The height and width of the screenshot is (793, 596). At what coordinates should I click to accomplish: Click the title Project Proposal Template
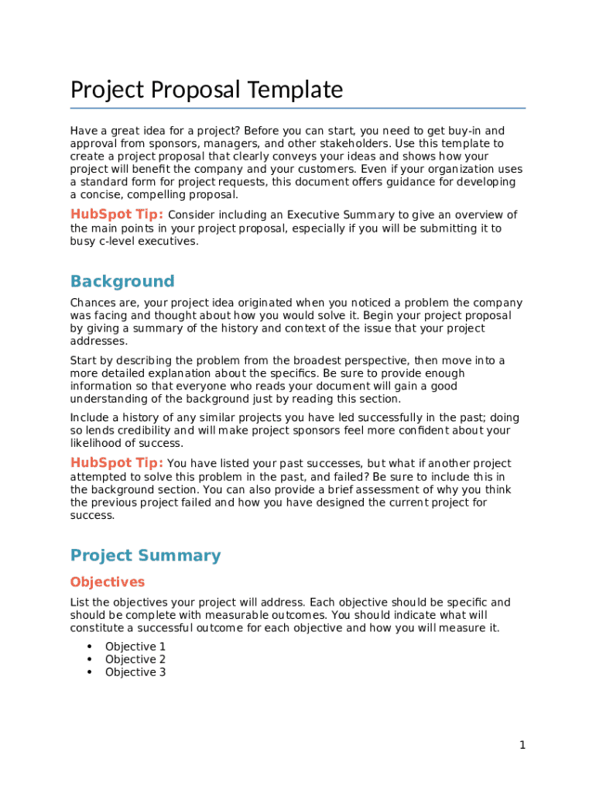206,91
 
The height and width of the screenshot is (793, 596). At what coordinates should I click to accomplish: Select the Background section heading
122,281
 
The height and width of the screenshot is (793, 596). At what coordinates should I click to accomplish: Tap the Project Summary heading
146,555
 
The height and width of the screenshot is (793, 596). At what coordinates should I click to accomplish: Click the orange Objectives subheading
107,582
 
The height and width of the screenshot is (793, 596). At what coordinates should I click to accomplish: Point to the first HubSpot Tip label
117,215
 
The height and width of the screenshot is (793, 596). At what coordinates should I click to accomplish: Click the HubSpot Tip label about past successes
117,463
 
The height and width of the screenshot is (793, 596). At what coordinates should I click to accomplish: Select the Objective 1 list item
135,647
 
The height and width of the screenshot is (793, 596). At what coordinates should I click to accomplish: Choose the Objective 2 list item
135,660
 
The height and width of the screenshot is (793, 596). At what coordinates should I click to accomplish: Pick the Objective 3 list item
135,672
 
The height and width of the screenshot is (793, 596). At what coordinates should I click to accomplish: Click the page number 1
522,745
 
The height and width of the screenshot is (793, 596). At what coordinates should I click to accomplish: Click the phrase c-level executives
149,241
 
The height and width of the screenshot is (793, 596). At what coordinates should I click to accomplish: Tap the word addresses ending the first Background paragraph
98,342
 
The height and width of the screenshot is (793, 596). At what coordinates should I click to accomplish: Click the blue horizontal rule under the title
298,108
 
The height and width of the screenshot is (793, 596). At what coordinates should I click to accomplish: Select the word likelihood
97,443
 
